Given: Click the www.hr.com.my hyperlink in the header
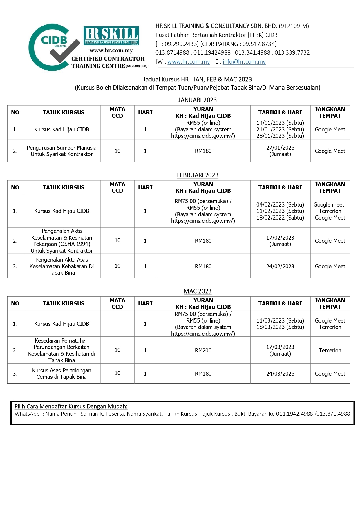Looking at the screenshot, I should click(189, 61).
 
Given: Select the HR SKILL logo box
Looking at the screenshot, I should click(111, 36).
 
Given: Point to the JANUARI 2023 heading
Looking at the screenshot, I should click(197, 100).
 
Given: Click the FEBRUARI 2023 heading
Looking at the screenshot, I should click(198, 175).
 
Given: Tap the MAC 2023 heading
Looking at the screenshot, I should click(198, 291).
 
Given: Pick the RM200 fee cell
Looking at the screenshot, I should click(203, 350).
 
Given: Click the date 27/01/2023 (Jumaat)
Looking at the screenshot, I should click(280, 151).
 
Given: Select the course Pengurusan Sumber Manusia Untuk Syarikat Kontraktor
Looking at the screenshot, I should click(61, 151).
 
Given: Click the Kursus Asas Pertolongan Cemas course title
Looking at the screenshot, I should click(61, 374).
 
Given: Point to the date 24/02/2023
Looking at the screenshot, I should click(280, 266).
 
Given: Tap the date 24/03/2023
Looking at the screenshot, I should click(280, 374).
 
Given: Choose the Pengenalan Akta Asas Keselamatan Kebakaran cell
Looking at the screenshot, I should click(61, 266).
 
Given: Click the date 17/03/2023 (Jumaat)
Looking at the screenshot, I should click(280, 350).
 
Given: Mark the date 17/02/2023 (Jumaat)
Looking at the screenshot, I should click(280, 241).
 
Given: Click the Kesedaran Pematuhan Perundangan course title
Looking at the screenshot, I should click(61, 350).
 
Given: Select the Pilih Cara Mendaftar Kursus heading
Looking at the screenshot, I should click(71, 406).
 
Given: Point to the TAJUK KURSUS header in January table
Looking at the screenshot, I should click(63, 112).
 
